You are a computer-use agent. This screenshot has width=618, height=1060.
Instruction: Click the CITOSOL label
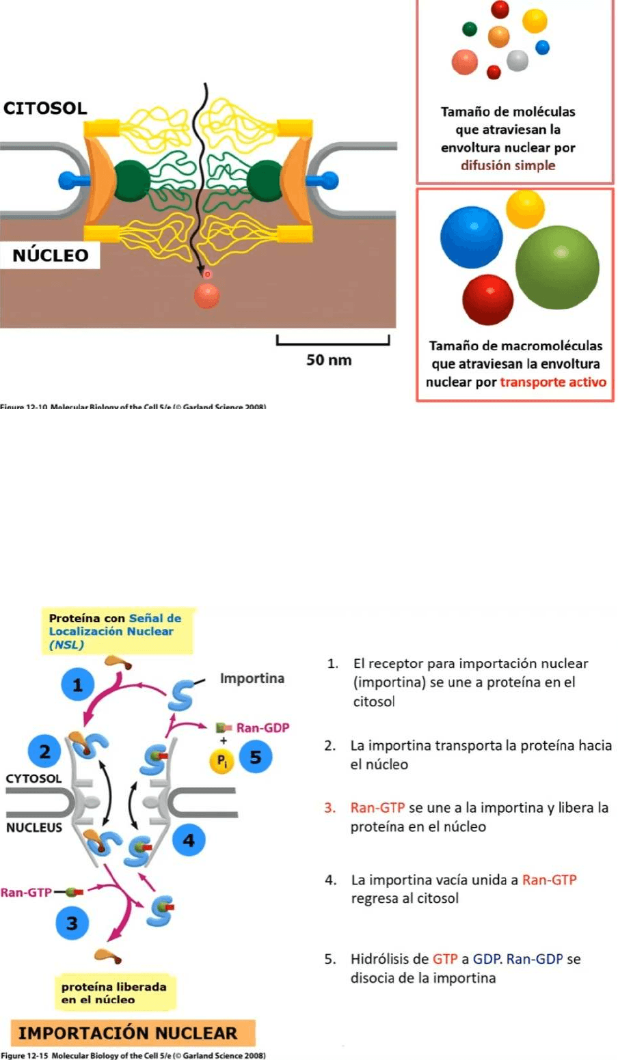pyautogui.click(x=45, y=108)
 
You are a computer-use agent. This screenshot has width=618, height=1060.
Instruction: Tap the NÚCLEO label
pyautogui.click(x=51, y=255)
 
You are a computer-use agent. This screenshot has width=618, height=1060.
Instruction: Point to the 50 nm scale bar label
pyautogui.click(x=329, y=359)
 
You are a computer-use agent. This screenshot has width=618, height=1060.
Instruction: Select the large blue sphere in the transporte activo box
pyautogui.click(x=471, y=237)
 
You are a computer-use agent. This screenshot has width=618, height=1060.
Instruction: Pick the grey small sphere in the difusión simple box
pyautogui.click(x=518, y=61)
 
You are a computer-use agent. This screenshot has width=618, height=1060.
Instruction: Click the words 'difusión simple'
pyautogui.click(x=507, y=165)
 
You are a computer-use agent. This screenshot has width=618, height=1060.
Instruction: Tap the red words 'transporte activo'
pyautogui.click(x=552, y=382)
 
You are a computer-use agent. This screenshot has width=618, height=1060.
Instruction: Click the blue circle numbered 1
pyautogui.click(x=77, y=684)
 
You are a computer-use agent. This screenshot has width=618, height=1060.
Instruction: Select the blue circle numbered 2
pyautogui.click(x=45, y=752)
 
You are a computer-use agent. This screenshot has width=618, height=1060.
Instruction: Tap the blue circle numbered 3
pyautogui.click(x=72, y=923)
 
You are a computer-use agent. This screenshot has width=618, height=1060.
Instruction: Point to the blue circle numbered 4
pyautogui.click(x=189, y=839)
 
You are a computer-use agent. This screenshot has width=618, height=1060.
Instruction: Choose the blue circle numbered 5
pyautogui.click(x=256, y=757)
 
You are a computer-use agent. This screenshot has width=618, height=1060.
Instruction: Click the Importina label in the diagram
pyautogui.click(x=252, y=678)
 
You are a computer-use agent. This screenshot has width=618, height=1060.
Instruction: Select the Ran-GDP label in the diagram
pyautogui.click(x=263, y=727)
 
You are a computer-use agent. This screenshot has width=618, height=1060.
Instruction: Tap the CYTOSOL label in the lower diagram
pyautogui.click(x=33, y=778)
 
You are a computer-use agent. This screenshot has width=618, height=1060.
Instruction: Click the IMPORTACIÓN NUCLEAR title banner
pyautogui.click(x=128, y=1033)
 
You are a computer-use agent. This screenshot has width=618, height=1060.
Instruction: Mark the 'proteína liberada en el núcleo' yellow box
pyautogui.click(x=114, y=993)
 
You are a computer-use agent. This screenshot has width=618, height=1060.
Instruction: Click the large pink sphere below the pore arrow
pyautogui.click(x=206, y=295)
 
